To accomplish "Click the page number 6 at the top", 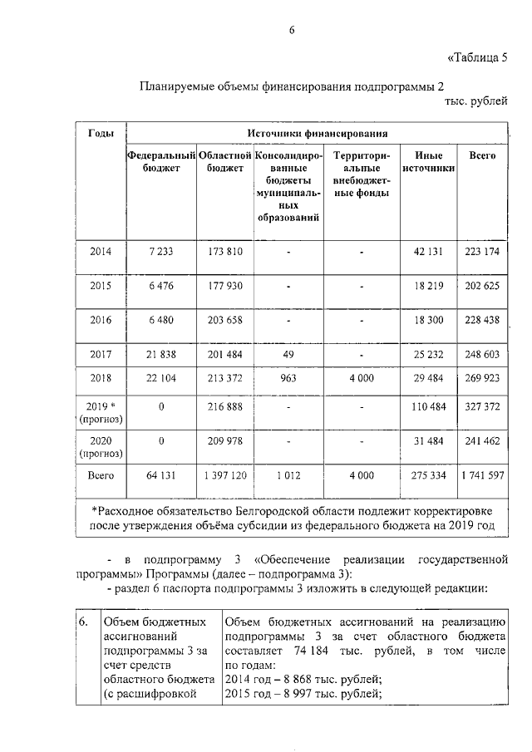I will (292, 31).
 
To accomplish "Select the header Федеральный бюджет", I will (161, 161).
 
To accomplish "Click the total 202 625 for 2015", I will (483, 286).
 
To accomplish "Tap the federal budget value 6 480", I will (161, 320).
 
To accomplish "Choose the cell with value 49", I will (288, 355).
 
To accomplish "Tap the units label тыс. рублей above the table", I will (475, 101).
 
